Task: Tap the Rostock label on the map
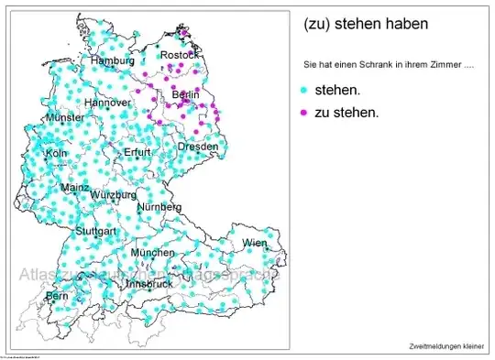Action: click(179, 56)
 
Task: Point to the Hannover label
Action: click(108, 104)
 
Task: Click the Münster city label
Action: click(64, 119)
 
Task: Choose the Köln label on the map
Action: click(56, 153)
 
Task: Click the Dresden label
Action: click(198, 147)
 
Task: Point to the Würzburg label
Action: click(114, 195)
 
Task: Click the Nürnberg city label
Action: click(159, 208)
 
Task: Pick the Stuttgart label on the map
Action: click(95, 231)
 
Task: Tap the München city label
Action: click(152, 252)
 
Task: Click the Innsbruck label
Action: click(148, 284)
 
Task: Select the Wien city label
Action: click(255, 243)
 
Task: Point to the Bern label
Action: click(57, 297)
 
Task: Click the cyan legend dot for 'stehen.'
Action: click(303, 93)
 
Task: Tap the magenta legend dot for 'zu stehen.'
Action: click(303, 114)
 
